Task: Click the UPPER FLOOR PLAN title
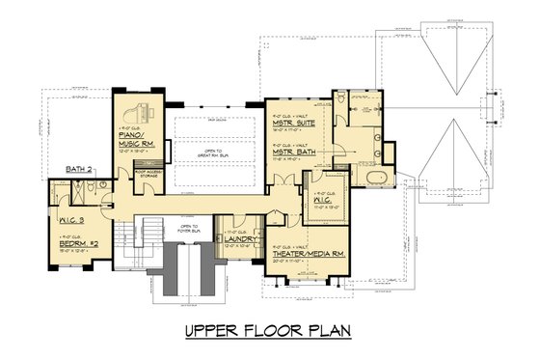coord(269,332)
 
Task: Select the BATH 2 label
coord(79,169)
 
